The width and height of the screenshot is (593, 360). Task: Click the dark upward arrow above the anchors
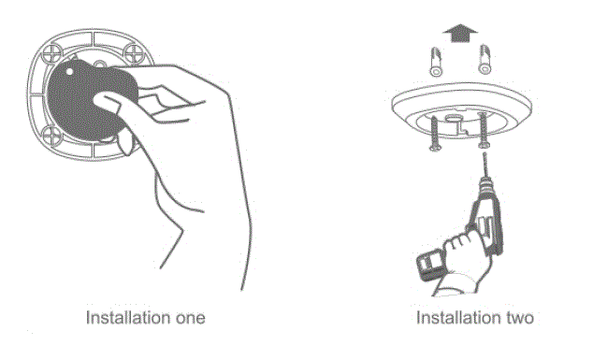pyautogui.click(x=456, y=34)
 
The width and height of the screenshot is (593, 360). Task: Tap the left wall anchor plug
pyautogui.click(x=434, y=62)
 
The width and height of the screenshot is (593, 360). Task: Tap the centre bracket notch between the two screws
pyautogui.click(x=458, y=122)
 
